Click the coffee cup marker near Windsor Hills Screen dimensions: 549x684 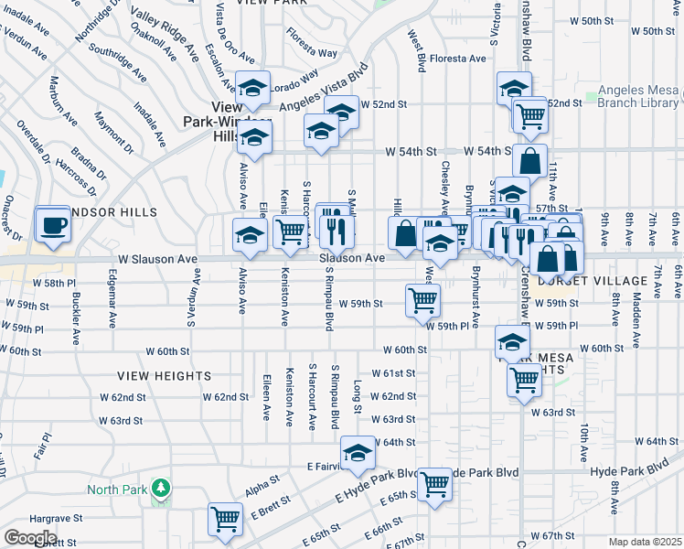[x=53, y=224]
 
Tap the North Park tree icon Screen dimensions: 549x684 [x=161, y=489]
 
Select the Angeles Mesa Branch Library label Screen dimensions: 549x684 [x=639, y=97]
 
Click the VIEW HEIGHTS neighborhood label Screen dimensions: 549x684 [x=165, y=376]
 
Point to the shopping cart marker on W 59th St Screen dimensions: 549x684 [x=422, y=299]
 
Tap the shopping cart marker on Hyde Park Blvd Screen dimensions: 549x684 [x=433, y=484]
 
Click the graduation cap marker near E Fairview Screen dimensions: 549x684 [x=358, y=452]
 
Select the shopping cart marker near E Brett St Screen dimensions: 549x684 [x=224, y=519]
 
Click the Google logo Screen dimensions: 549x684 [x=30, y=537]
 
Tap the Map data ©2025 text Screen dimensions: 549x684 [x=645, y=542]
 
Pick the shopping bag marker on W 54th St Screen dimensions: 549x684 [x=529, y=161]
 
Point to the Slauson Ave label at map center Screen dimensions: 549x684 [x=351, y=259]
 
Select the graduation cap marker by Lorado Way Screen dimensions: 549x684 [x=252, y=89]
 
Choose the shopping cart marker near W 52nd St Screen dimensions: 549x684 [x=529, y=114]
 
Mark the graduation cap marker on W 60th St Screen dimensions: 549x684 [x=512, y=342]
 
